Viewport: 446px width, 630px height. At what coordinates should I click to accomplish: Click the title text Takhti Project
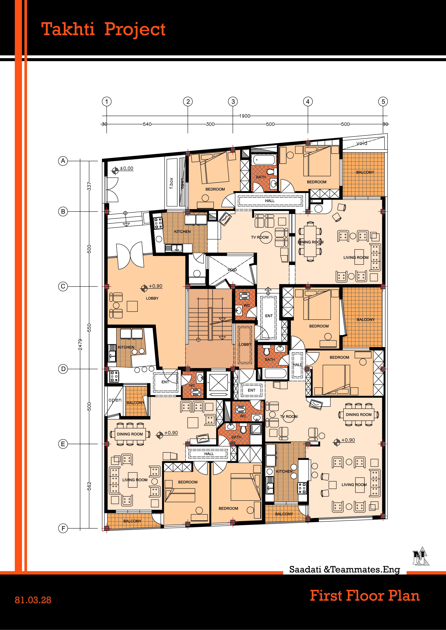pyautogui.click(x=103, y=29)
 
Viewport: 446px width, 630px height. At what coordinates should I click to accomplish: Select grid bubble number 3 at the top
pyautogui.click(x=233, y=101)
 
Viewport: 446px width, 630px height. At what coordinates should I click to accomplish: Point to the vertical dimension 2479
pyautogui.click(x=80, y=344)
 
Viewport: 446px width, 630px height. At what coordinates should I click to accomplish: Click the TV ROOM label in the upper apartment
pyautogui.click(x=260, y=237)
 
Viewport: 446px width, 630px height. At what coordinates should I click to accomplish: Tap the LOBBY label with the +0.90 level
pyautogui.click(x=152, y=298)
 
